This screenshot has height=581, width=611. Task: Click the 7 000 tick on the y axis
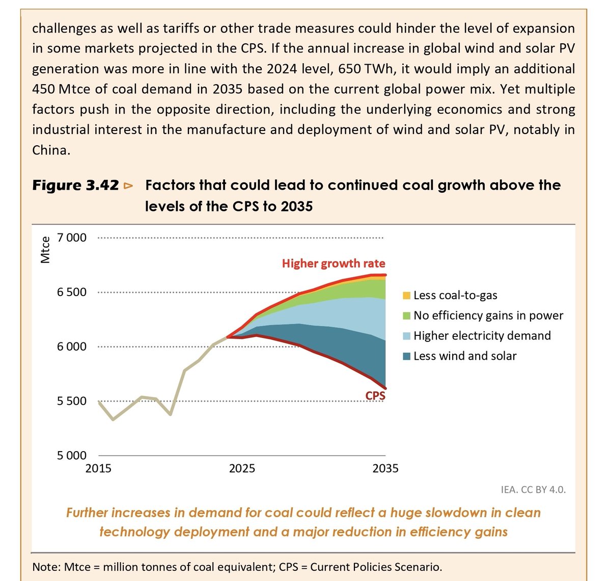click(72, 238)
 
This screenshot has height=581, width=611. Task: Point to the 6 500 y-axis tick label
click(72, 293)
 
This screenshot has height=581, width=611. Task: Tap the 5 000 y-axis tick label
click(72, 456)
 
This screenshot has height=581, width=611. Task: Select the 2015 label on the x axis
click(98, 468)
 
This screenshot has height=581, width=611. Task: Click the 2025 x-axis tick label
click(242, 468)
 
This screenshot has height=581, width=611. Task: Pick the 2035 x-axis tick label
click(385, 468)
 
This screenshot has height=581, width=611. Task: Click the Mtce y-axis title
click(46, 250)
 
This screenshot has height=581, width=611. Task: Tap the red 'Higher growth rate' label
click(334, 263)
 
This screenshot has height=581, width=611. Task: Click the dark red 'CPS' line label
click(375, 395)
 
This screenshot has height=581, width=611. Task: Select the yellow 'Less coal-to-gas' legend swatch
click(406, 296)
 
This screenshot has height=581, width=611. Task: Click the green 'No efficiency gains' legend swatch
click(406, 316)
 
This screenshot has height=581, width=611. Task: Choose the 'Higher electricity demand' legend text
click(482, 336)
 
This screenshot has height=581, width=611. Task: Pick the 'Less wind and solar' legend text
click(465, 356)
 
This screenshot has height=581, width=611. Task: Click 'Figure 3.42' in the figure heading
click(75, 186)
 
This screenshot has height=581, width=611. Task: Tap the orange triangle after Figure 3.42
click(128, 186)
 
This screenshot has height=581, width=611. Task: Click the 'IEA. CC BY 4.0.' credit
click(533, 490)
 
